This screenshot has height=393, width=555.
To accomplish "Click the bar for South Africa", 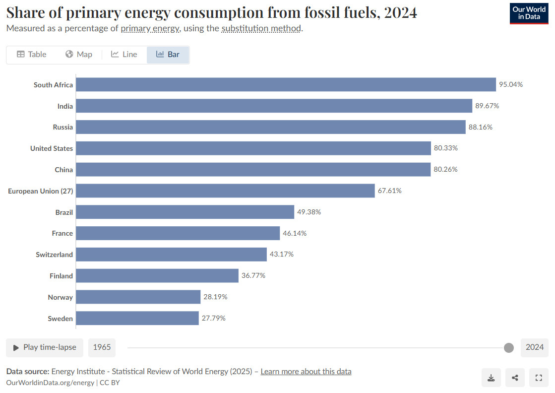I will (x=286, y=84).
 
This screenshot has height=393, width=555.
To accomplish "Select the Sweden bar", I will (x=137, y=318).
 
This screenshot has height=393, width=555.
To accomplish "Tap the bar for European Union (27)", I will (x=225, y=191).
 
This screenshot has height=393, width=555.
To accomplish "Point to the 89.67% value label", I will (x=487, y=106).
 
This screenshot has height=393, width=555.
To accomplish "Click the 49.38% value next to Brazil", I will (x=309, y=212).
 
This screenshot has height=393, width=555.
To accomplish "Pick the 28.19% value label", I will (x=215, y=297).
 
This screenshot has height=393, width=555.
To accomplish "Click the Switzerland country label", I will (x=54, y=255).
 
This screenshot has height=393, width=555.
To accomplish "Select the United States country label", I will (x=51, y=148).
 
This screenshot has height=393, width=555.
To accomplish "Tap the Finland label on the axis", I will (x=61, y=276).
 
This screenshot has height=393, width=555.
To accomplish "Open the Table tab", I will (x=32, y=55).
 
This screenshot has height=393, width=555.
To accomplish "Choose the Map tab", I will (x=79, y=55).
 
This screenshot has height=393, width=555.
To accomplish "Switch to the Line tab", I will (x=124, y=55).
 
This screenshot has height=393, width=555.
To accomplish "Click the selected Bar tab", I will (x=168, y=55).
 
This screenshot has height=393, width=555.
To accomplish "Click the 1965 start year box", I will (x=102, y=347).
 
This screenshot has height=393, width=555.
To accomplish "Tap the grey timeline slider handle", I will (x=508, y=347).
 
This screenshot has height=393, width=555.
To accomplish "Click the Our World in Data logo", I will (x=529, y=13).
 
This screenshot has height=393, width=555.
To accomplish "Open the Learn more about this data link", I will (x=306, y=371).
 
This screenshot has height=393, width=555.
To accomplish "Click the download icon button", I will (x=491, y=378).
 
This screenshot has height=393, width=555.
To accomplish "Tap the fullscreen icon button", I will (x=539, y=378).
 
